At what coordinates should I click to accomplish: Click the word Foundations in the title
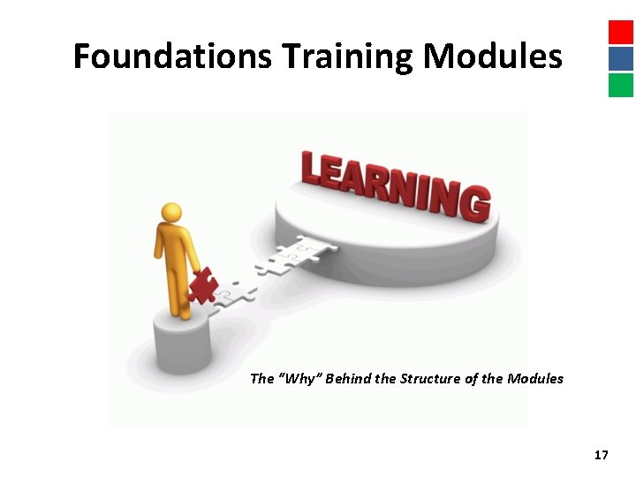(173, 57)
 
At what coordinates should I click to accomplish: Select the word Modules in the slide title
(492, 57)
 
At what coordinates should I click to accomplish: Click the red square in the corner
(621, 32)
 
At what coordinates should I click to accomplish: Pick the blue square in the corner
(621, 58)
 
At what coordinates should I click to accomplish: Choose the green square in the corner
(621, 85)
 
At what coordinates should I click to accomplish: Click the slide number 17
(601, 455)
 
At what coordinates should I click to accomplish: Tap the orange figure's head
(171, 213)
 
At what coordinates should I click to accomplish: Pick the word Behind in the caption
(348, 379)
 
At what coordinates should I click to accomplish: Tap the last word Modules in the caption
(535, 379)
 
